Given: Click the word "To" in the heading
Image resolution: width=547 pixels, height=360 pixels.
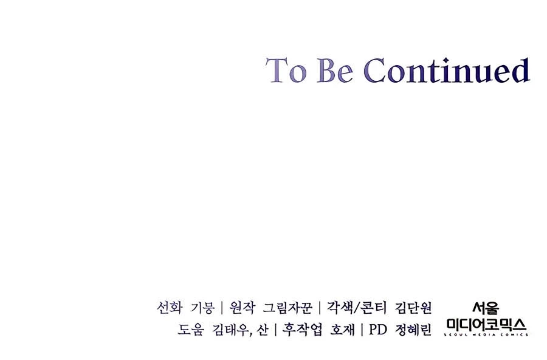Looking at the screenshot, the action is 286,70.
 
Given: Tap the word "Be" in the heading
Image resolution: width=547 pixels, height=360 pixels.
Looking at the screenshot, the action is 335,70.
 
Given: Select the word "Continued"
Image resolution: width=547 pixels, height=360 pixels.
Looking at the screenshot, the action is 447,70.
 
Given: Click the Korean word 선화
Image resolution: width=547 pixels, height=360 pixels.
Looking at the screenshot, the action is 170,308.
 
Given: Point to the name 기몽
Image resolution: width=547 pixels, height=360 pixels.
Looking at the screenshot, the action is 202,308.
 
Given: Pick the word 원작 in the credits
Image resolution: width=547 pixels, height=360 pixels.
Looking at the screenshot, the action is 242,308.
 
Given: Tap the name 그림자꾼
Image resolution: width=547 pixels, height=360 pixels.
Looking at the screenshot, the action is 287,308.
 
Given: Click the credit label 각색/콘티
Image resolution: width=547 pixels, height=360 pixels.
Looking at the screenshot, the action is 357,308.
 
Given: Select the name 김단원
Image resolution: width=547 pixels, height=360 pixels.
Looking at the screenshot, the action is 413,308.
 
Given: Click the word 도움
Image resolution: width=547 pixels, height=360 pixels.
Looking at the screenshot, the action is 190,329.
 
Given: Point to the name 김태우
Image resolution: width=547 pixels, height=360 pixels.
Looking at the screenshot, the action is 232,329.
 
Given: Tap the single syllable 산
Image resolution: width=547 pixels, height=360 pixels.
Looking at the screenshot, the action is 263,329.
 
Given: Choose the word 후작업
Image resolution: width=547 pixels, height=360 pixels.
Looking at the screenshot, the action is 302,329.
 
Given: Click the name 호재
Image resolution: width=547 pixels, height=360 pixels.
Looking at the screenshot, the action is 342,329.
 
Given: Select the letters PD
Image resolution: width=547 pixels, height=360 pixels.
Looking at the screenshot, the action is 378,329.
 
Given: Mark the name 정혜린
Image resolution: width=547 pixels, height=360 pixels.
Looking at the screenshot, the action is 413,329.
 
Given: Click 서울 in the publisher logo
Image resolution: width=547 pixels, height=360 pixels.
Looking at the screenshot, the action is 486,308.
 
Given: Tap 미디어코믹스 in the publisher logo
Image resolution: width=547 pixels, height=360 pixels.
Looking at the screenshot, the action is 486,325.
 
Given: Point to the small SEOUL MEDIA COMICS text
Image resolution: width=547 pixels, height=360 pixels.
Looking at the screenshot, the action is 486,335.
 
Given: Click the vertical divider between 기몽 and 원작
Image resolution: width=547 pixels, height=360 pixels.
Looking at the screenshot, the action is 222,308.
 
